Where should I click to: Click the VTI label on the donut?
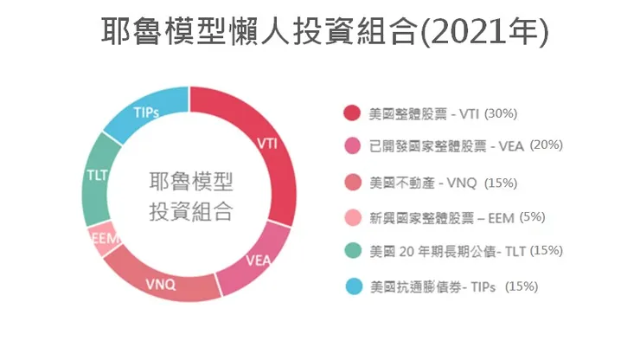click(267, 144)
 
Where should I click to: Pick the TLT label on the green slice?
click(97, 176)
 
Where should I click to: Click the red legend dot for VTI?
click(351, 113)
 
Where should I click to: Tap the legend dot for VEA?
click(351, 146)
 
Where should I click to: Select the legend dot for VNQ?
click(351, 183)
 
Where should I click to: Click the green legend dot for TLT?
click(351, 251)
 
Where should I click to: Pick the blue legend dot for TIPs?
click(351, 286)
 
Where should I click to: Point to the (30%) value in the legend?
click(501, 113)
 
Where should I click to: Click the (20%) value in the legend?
click(546, 145)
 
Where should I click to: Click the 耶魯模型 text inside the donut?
click(191, 183)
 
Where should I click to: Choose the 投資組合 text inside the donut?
click(191, 210)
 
